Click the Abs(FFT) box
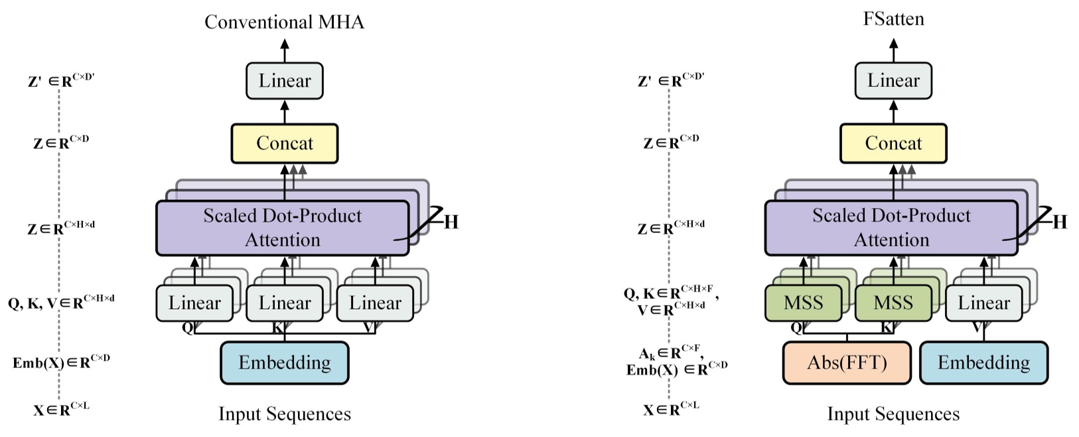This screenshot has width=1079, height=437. point(847,363)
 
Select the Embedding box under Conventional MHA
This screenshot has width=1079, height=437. point(284,363)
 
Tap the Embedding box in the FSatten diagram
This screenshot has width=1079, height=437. point(983,363)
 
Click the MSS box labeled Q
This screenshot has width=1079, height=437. point(803,304)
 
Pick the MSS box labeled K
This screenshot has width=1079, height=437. point(893,304)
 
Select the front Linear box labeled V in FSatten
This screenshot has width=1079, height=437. point(983,304)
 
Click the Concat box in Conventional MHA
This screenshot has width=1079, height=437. point(284,143)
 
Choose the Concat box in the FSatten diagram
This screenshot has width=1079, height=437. point(893,143)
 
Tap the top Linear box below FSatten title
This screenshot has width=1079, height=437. point(893,81)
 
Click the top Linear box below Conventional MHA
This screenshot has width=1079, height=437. point(284,81)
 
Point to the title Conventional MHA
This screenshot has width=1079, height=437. point(284,22)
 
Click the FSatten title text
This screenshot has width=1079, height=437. point(893,19)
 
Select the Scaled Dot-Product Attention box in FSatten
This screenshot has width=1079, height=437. point(891,228)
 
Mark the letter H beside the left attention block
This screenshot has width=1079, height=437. point(451,222)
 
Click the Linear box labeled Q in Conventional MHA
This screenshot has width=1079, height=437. point(194,304)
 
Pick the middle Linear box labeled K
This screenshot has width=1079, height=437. point(284,304)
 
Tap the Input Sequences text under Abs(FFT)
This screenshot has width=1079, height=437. point(893,414)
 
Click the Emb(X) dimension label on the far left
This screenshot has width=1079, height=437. point(61,362)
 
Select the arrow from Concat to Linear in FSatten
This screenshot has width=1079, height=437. point(893,112)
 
